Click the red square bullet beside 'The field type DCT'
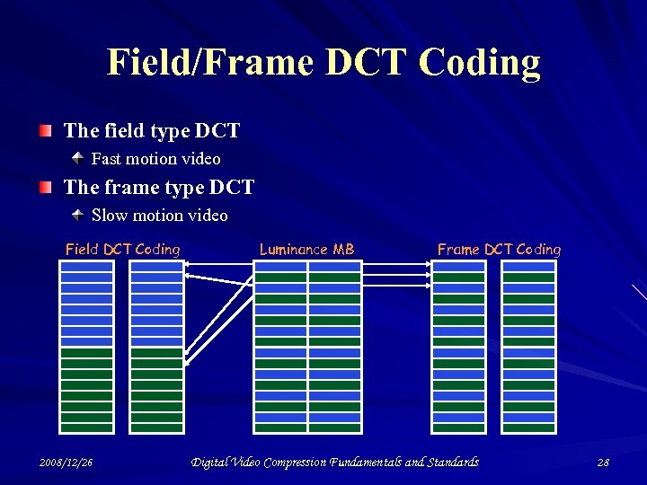tap(46, 132)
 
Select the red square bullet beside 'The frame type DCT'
tap(46, 189)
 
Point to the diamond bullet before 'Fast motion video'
tap(78, 159)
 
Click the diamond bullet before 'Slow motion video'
tap(78, 216)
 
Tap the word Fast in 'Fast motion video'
tap(107, 159)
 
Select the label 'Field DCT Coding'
tap(122, 250)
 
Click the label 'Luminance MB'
tap(306, 250)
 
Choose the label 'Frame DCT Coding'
tap(499, 250)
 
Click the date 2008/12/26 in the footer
tap(66, 463)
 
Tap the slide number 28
tap(602, 463)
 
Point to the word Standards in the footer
tap(452, 463)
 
